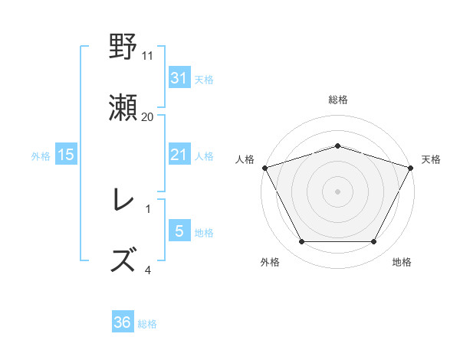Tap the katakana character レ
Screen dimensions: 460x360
[123, 201]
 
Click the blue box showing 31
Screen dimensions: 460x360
[179, 78]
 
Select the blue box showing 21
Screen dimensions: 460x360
[179, 155]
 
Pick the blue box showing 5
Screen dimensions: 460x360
[179, 231]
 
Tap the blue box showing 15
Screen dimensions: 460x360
[66, 155]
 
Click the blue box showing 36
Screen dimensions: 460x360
[123, 323]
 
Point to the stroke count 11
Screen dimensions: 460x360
[148, 56]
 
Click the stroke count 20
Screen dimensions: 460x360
[148, 116]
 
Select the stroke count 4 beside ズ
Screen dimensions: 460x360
[148, 270]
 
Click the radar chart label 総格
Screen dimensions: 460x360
[338, 100]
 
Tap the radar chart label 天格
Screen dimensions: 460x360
[431, 159]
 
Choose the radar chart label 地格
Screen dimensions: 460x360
[402, 262]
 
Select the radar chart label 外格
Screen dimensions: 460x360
[270, 262]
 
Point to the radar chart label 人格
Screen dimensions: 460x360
[245, 159]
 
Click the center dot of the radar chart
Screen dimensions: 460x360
[338, 191]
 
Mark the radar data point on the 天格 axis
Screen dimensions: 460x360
[412, 167]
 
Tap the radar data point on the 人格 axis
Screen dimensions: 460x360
[264, 167]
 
